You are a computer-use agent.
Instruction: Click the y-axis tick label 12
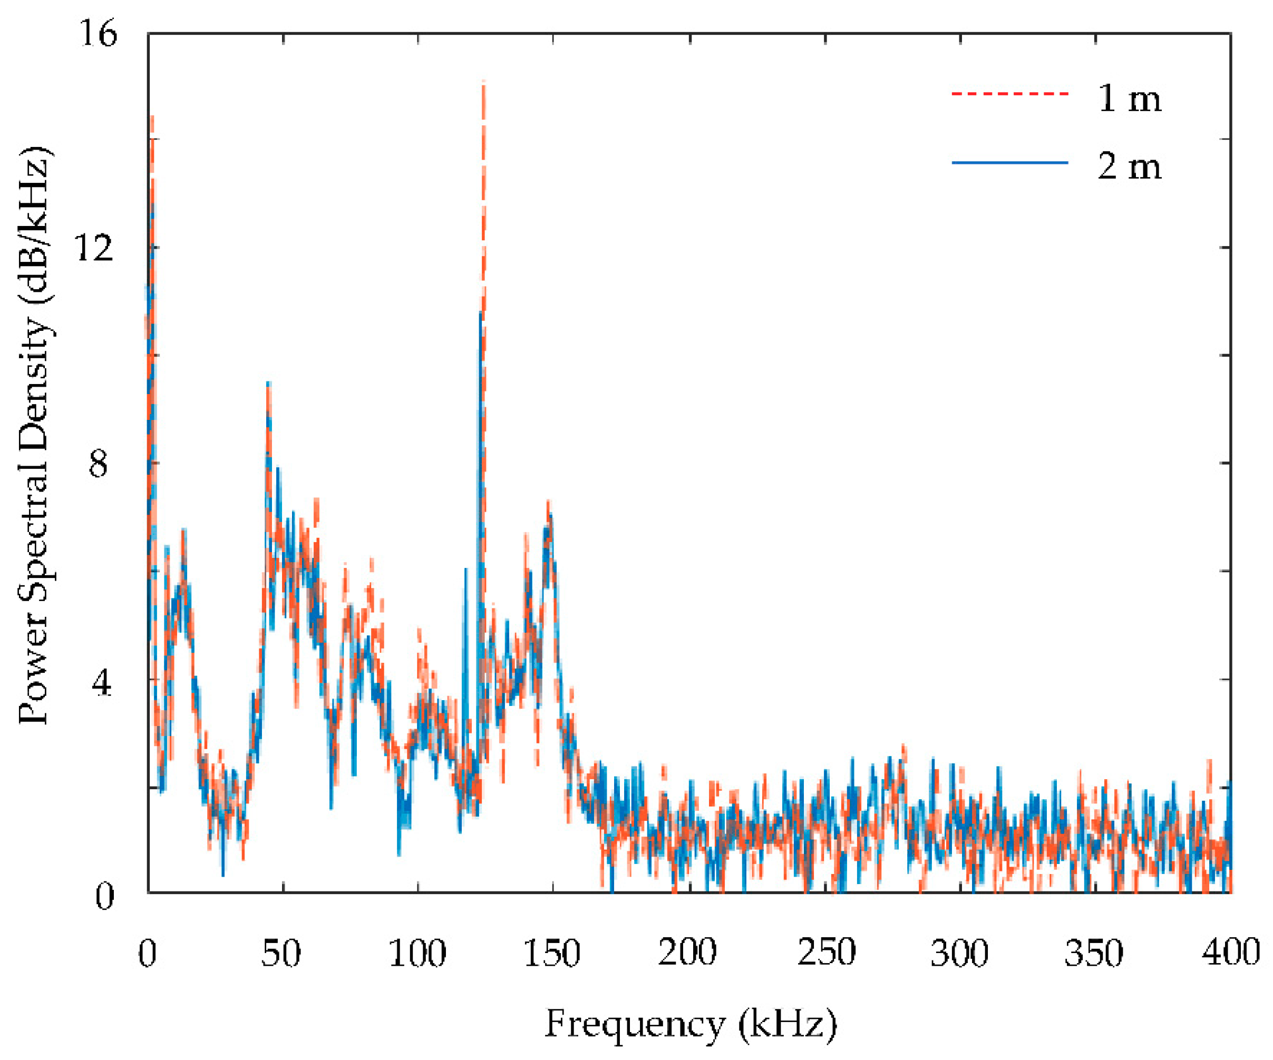point(94,248)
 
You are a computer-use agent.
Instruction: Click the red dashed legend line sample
point(1010,94)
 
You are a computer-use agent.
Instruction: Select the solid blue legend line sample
point(1010,162)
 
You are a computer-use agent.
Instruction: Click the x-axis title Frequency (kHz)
point(691,1024)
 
